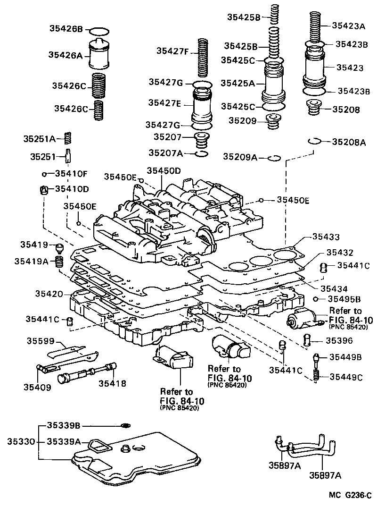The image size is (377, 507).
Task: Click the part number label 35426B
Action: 66,29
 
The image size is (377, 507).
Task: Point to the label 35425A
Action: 238,83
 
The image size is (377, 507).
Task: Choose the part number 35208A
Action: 349,142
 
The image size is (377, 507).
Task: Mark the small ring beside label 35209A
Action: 274,158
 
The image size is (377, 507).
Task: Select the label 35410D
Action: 72,189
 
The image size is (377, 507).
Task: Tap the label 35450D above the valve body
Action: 163,170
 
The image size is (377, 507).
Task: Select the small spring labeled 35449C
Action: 317,376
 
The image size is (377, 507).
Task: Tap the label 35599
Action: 40,341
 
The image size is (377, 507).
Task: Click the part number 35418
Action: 112,383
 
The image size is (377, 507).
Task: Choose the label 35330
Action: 21,442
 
